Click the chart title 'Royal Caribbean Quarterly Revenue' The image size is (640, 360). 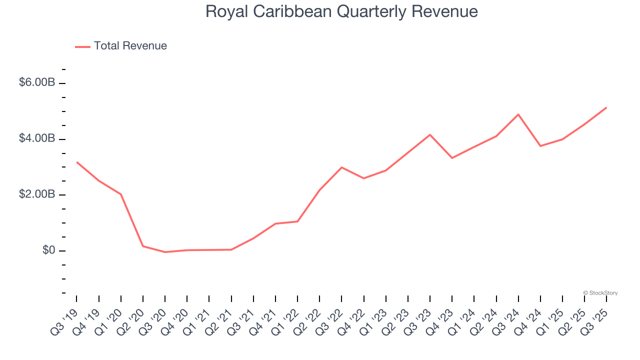(x=341, y=11)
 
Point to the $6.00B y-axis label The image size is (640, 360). (x=37, y=82)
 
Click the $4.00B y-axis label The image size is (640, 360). (x=37, y=138)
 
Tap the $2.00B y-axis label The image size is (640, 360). (x=37, y=194)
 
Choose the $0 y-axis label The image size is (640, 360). (x=48, y=250)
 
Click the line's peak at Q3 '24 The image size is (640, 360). (x=518, y=114)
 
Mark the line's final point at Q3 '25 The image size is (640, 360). (x=606, y=107)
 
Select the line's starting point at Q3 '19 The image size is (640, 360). (x=76, y=162)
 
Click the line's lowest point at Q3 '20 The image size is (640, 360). (x=165, y=252)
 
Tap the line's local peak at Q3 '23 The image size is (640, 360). (x=430, y=134)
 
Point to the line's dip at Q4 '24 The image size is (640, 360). (x=540, y=146)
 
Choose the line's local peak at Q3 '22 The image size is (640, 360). (x=341, y=167)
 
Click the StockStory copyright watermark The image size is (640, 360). (x=600, y=293)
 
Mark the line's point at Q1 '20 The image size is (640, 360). (x=121, y=194)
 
